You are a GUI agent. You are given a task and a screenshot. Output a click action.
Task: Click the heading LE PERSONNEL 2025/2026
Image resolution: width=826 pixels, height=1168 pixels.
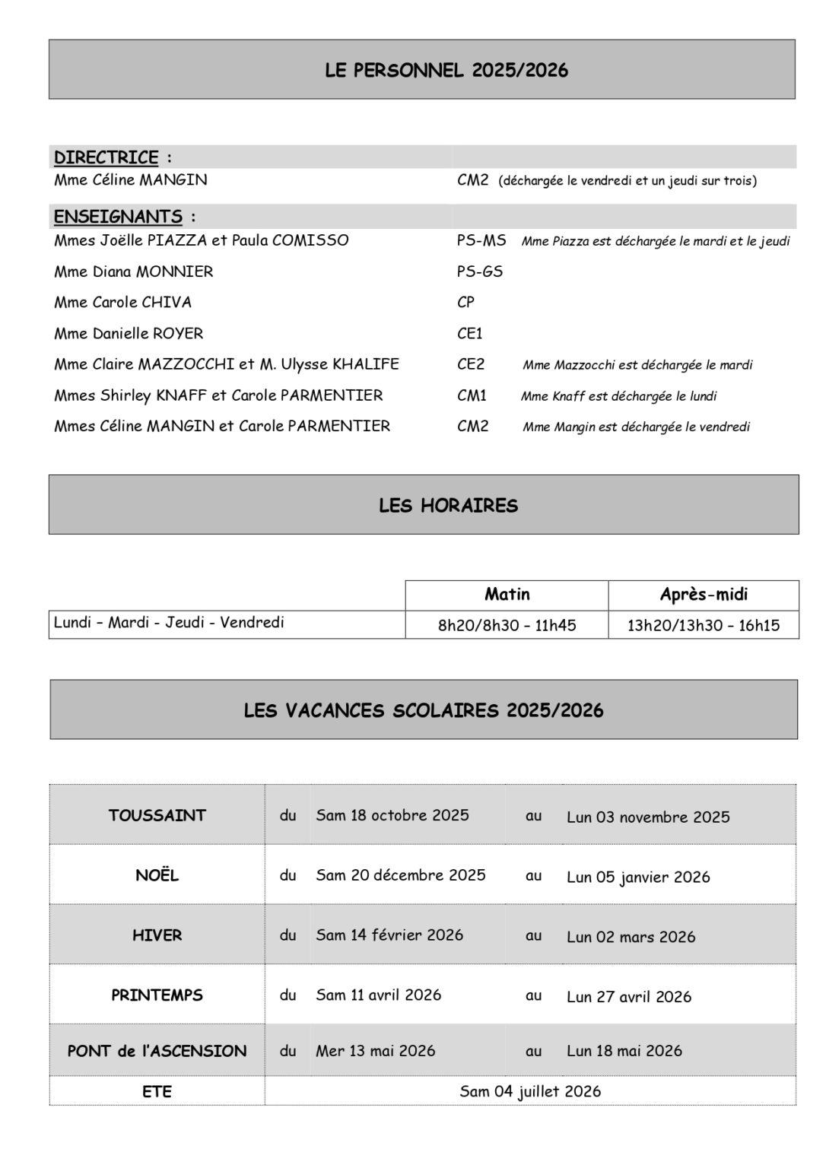(x=446, y=71)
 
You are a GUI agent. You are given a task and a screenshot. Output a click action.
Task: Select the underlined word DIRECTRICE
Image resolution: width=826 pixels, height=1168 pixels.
(x=106, y=157)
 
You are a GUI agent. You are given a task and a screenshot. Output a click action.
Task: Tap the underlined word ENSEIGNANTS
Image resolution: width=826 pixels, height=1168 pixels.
(x=118, y=217)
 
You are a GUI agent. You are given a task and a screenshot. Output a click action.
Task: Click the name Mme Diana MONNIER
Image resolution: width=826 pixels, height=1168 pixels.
(x=133, y=271)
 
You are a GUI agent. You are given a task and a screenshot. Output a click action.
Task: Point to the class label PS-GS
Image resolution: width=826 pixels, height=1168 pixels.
(x=480, y=271)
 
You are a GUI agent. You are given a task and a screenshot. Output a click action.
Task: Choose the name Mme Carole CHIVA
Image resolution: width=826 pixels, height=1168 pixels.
(x=122, y=302)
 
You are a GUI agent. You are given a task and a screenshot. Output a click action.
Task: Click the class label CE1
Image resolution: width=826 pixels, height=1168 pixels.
(x=470, y=333)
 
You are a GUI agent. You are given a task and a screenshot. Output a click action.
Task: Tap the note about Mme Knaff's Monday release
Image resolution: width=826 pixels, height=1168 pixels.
(x=618, y=396)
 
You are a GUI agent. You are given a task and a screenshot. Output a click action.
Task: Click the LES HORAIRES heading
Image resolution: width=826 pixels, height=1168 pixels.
(x=448, y=506)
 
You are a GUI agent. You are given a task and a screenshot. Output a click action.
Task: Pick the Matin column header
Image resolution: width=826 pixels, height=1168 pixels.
(x=507, y=594)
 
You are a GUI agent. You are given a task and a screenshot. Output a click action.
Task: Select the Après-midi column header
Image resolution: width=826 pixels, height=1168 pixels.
(x=704, y=594)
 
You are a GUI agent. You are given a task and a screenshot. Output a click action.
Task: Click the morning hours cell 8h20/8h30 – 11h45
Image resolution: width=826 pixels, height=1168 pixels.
(x=507, y=625)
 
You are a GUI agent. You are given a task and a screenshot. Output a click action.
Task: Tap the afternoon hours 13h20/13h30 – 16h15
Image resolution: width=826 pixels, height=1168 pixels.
(x=704, y=625)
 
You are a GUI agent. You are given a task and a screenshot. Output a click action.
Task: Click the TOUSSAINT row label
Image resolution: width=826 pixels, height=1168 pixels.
(x=157, y=815)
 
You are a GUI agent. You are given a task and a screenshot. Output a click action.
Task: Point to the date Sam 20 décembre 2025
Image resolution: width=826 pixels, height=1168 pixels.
(x=400, y=875)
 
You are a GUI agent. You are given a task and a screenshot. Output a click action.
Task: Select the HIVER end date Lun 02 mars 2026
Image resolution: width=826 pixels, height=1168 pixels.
(x=631, y=937)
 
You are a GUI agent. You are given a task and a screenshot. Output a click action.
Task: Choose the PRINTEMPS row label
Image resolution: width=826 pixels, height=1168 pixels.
(x=157, y=995)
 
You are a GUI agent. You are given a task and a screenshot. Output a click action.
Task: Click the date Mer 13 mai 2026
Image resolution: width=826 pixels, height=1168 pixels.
(x=376, y=1051)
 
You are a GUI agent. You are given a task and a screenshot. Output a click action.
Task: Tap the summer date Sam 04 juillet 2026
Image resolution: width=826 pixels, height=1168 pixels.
(x=530, y=1091)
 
